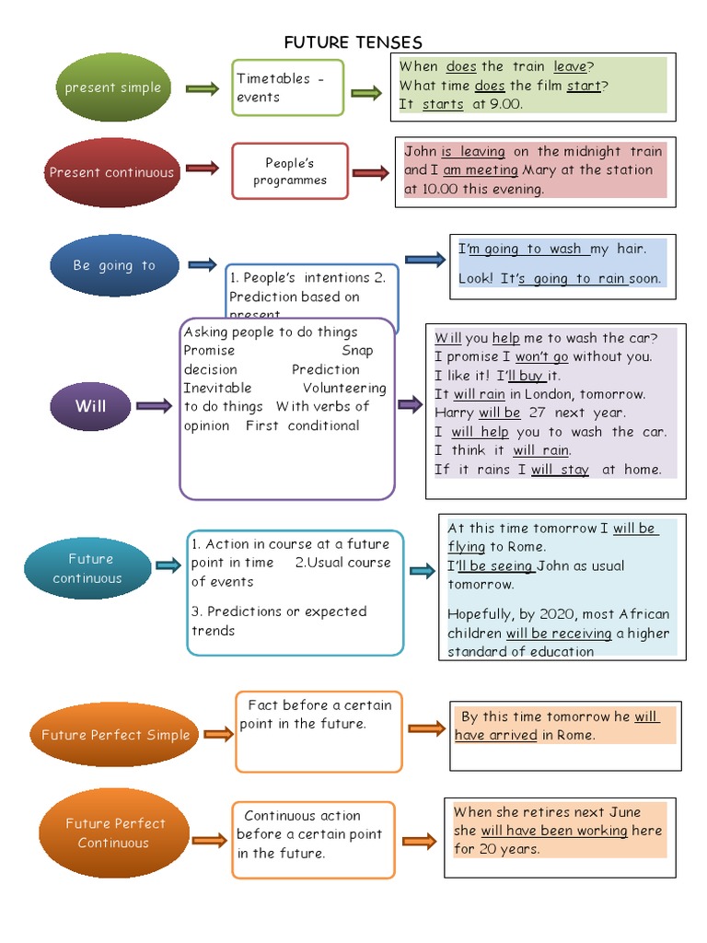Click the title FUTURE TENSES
(353, 42)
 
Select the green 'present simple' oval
(112, 87)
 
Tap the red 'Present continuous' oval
(111, 172)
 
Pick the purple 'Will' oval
(90, 405)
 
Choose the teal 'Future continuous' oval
(89, 568)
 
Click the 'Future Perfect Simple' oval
(115, 735)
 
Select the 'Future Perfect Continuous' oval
(114, 832)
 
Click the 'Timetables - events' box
(287, 87)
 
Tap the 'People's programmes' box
(289, 171)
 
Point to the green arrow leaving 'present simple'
(202, 88)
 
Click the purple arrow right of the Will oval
(153, 405)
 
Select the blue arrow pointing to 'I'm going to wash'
(424, 260)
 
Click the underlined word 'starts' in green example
(443, 104)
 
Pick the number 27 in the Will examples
(539, 413)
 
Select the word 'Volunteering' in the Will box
(344, 388)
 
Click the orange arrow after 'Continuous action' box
(419, 841)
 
